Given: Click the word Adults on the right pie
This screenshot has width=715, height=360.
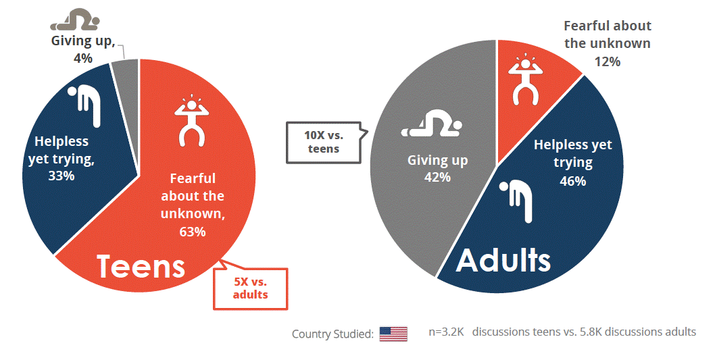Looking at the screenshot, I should coord(503,260).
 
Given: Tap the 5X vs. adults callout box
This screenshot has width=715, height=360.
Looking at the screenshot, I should coord(250,288).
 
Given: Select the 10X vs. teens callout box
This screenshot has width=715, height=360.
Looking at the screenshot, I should coord(324,142).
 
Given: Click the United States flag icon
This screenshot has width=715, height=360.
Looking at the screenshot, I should coord(393,334).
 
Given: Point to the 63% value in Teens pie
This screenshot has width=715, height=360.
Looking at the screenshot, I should coord(192,232).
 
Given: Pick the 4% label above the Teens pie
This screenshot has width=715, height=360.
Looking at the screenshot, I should coord(82,58).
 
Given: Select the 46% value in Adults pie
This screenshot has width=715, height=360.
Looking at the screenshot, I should coord(572,180).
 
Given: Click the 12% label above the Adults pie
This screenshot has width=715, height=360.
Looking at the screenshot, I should coord(607,61).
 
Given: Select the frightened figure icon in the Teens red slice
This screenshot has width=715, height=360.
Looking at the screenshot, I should coord(192,120).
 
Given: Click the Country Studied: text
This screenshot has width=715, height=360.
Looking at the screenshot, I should coord(332,334).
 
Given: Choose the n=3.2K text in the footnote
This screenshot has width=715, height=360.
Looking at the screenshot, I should coord(447,332).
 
